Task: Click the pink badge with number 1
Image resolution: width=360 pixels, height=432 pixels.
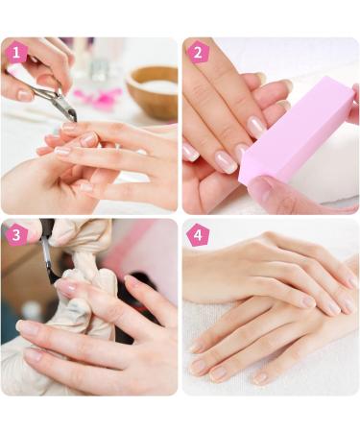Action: pos(16,53)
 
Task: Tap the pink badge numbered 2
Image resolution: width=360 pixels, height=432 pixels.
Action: pos(198,53)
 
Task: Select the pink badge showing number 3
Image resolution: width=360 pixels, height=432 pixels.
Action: pos(16,234)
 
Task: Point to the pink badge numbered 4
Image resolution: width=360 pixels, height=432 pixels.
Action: pos(198,234)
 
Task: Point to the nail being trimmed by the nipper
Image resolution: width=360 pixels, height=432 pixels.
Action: pos(70,127)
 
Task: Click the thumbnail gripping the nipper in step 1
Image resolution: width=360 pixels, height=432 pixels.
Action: pos(24,95)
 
